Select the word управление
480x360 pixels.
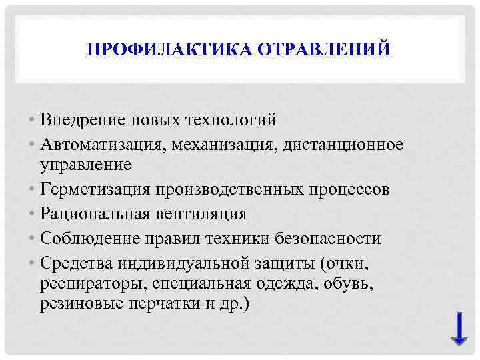pos(85,163)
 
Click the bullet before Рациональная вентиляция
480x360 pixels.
pos(33,214)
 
